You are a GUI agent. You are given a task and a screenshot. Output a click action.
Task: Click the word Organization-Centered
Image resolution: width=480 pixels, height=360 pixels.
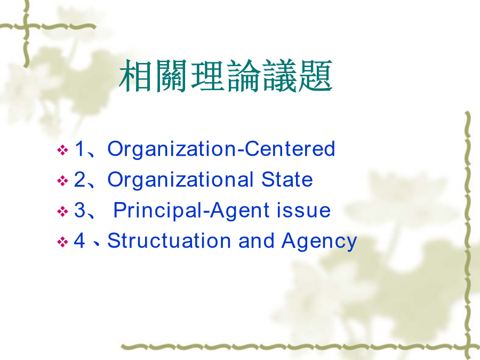coord(221,149)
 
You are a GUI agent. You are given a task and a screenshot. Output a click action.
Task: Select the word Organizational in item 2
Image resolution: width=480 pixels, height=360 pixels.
coord(180,180)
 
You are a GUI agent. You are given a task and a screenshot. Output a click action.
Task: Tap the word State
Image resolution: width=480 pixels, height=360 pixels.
coord(287,179)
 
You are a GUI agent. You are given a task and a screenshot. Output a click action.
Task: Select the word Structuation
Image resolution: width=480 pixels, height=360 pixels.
coord(169,241)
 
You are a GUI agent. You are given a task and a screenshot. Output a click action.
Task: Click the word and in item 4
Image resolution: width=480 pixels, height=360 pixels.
coord(256,241)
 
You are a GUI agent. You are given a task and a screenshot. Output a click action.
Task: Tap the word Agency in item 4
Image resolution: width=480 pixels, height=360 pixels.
coord(319,242)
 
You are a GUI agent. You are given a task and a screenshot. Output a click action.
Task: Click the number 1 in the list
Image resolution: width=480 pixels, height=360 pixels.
coord(80,148)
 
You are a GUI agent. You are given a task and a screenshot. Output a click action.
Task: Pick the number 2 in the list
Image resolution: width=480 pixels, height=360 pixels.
coord(79,179)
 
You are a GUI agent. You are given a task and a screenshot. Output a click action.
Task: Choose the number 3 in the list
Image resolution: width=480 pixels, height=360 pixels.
coord(79,210)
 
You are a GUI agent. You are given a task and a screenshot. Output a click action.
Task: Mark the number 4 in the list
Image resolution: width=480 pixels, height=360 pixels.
coord(79,241)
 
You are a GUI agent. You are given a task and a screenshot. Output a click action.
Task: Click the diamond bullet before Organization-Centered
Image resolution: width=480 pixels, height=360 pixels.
coord(62,150)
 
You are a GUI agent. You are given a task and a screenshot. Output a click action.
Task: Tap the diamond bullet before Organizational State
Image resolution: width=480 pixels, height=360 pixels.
coord(62,181)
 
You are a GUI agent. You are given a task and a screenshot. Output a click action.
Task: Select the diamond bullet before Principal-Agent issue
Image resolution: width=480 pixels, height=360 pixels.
coord(62,212)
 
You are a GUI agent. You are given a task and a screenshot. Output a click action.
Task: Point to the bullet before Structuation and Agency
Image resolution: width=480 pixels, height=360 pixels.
coord(62,242)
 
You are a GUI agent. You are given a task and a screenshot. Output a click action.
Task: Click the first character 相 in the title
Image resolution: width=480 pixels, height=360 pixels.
coord(136,76)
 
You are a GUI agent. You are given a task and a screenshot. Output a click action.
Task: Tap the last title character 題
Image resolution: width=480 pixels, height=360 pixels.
coord(315,76)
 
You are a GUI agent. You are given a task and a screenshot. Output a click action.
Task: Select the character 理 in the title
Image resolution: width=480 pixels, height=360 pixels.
coord(207,76)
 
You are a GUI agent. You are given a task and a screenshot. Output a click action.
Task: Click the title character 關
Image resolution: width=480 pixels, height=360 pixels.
coord(172,76)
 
